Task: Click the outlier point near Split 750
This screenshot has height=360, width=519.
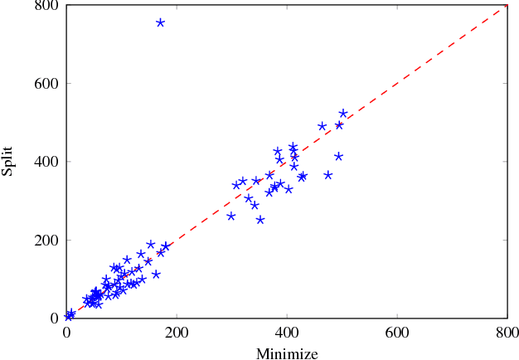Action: pyautogui.click(x=160, y=22)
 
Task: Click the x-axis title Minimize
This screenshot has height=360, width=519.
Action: pyautogui.click(x=287, y=354)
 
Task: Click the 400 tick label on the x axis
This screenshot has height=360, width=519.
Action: pyautogui.click(x=287, y=332)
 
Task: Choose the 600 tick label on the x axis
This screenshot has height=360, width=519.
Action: pyautogui.click(x=397, y=332)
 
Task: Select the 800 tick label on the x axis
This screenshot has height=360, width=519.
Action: pyautogui.click(x=507, y=332)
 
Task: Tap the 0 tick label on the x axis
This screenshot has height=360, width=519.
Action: pyautogui.click(x=67, y=332)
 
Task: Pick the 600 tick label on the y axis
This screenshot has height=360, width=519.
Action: pyautogui.click(x=46, y=83)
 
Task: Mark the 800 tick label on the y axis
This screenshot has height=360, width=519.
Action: pyautogui.click(x=46, y=6)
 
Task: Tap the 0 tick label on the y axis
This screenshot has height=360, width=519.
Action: pyautogui.click(x=56, y=317)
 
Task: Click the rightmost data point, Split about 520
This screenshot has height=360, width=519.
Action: pyautogui.click(x=343, y=113)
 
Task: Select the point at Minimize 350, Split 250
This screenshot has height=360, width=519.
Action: pyautogui.click(x=260, y=220)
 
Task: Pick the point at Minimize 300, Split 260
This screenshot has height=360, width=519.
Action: pyautogui.click(x=231, y=216)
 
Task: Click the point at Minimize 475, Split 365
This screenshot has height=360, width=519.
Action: pyautogui.click(x=328, y=175)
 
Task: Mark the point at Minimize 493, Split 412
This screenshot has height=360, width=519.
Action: pyautogui.click(x=338, y=156)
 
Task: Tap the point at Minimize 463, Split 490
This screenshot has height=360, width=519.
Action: pyautogui.click(x=322, y=126)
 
